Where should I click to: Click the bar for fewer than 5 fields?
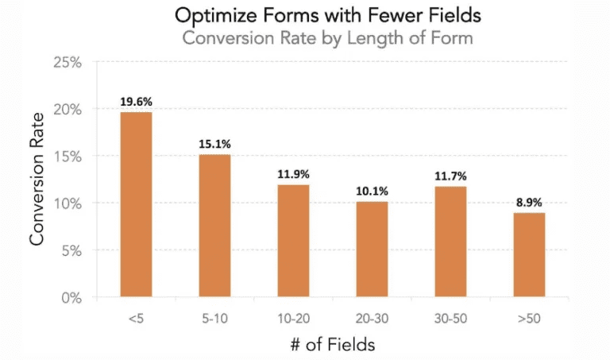136,205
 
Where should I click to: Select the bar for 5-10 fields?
214,226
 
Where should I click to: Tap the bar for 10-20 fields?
293,241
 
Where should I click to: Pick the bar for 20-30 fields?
372,250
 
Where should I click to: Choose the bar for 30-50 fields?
450,242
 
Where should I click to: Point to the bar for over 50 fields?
529,255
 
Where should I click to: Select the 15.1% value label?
214,145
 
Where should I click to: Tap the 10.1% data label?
372,192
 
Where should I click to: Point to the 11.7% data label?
450,176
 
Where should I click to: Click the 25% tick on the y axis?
70,62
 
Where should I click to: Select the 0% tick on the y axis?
73,298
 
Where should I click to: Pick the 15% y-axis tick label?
70,157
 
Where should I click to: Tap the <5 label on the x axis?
136,318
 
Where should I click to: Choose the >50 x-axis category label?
529,318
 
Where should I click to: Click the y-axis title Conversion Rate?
37,181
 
